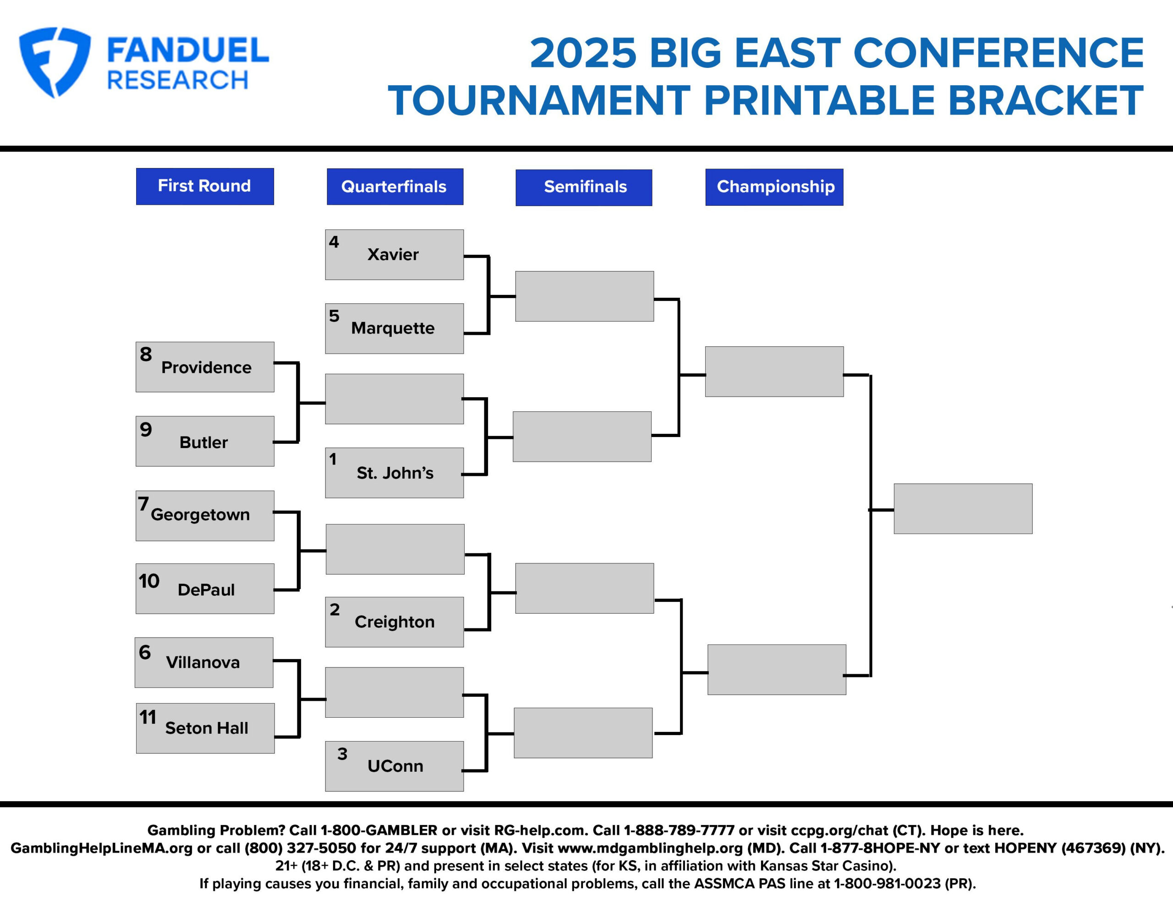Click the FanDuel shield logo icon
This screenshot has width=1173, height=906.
(x=54, y=62)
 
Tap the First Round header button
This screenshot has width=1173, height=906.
(x=205, y=186)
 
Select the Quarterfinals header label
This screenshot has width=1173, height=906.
(x=394, y=186)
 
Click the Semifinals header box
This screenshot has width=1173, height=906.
(x=584, y=187)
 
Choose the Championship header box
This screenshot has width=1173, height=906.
(x=774, y=186)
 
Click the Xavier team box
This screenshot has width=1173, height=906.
(x=394, y=255)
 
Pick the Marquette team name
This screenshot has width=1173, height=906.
(x=393, y=328)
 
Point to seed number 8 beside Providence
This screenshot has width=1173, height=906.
(x=146, y=355)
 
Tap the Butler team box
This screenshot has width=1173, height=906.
(x=205, y=441)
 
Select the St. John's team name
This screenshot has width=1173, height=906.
(x=395, y=473)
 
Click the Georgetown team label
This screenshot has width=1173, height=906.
(x=200, y=514)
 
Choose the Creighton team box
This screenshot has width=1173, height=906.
(x=394, y=622)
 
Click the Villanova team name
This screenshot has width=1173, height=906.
(x=203, y=662)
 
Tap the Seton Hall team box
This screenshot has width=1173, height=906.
(x=205, y=728)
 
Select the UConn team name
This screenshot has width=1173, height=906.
(x=395, y=766)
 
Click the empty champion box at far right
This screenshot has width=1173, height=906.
(x=963, y=508)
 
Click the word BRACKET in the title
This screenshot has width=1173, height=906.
(x=1045, y=100)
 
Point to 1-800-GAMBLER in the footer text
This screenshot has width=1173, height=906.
(x=378, y=830)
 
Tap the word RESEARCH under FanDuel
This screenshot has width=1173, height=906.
(x=177, y=81)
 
